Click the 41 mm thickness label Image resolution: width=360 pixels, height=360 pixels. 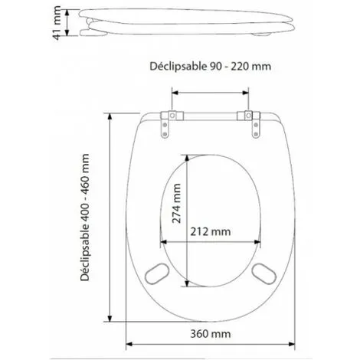click(57, 23)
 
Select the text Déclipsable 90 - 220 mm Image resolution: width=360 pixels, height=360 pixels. click(210, 67)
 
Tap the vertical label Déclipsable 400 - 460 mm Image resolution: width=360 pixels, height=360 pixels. click(84, 218)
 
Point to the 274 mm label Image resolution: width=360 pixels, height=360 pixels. click(176, 204)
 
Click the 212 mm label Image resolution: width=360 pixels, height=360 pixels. click(211, 232)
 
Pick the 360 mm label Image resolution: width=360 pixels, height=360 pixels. click(211, 334)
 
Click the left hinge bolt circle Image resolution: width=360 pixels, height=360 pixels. click(172, 116)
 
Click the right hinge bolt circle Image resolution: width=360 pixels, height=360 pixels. click(248, 116)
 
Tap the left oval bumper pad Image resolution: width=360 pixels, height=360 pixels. click(157, 273)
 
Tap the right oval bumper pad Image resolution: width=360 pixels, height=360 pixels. click(263, 273)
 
